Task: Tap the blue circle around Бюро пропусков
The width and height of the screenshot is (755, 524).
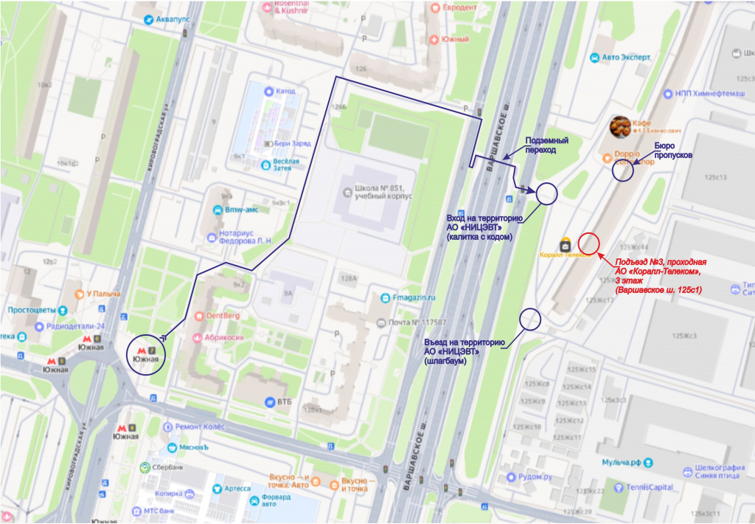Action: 623,171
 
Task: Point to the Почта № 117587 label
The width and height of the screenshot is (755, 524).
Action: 417,323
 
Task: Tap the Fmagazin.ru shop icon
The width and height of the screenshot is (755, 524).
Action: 385,297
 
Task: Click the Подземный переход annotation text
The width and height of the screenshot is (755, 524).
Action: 546,145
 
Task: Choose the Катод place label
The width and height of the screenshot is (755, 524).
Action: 285,92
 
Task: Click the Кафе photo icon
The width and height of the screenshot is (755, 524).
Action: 620,127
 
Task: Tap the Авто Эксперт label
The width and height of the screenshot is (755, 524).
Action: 626,57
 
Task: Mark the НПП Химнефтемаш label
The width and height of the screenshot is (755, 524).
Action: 710,94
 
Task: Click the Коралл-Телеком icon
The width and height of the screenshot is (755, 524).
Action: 566,243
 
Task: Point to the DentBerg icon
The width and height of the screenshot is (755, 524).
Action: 197,316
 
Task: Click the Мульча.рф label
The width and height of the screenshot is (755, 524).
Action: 621,463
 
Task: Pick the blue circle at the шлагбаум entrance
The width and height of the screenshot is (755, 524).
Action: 530,319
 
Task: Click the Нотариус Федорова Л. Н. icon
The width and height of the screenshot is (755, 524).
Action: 212,238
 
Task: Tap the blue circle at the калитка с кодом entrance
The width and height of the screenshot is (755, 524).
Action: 546,193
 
